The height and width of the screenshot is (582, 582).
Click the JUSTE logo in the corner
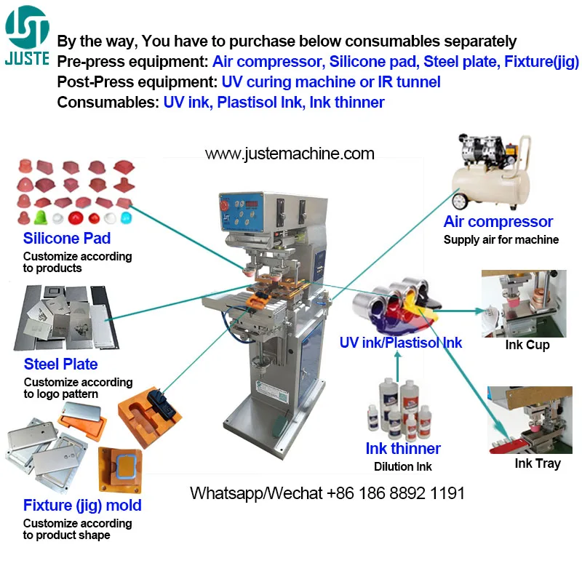27,35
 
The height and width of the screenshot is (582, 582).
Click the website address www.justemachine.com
290,154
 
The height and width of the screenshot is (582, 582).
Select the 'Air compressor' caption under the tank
498,222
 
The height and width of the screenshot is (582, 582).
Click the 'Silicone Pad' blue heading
67,238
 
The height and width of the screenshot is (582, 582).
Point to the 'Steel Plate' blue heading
60,364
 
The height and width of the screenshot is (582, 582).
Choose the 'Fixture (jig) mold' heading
82,505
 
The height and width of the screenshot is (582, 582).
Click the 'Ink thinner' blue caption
403,448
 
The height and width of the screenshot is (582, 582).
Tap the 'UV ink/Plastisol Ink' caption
401,342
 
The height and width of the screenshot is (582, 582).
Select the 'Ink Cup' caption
527,345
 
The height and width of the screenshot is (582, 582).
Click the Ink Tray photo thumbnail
530,420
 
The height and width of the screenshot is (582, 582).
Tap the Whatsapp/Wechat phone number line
327,493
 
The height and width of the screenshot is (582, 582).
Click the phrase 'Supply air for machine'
501,239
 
